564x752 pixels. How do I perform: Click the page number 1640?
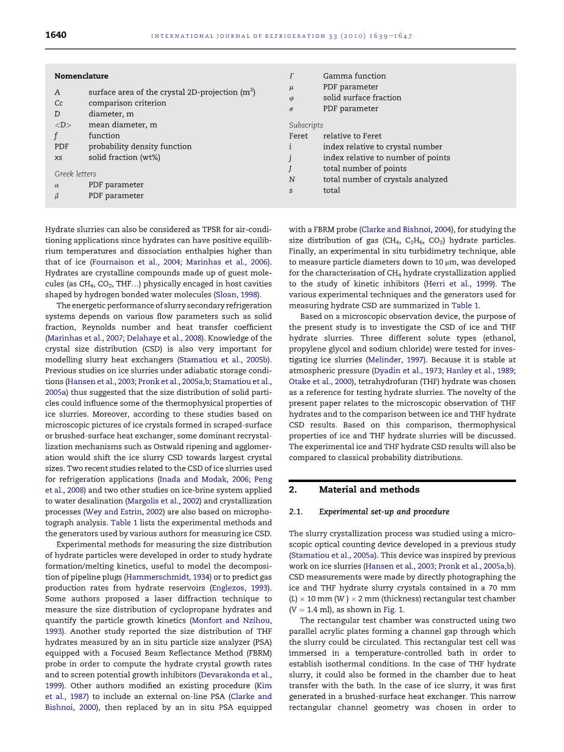[55, 35]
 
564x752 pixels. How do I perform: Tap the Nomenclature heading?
[81, 76]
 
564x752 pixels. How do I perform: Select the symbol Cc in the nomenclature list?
[59, 103]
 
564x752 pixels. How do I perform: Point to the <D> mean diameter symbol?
[63, 125]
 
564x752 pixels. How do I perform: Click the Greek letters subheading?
[75, 174]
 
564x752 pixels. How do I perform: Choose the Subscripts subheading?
[306, 125]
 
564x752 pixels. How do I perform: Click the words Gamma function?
[354, 76]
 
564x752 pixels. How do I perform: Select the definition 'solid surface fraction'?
[362, 98]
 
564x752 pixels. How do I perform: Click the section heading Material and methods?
[369, 489]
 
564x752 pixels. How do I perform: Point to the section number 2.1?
[296, 512]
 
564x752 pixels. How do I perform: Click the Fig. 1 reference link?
[391, 609]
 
